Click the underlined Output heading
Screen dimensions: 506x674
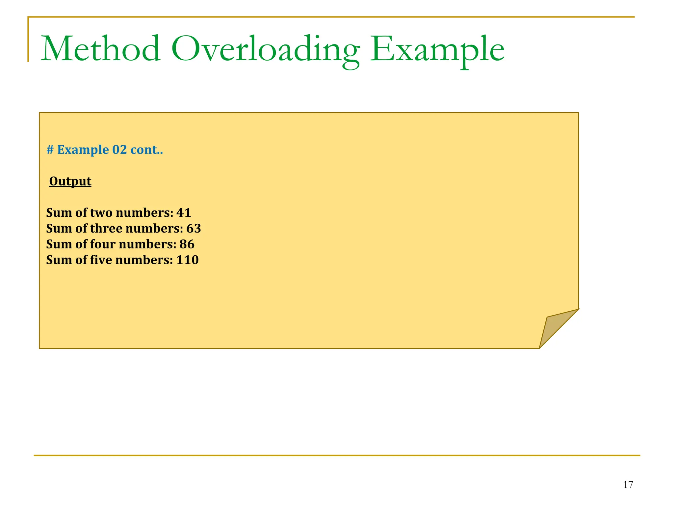click(x=70, y=181)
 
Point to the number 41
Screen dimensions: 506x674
click(x=184, y=213)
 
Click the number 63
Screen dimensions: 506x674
click(x=194, y=229)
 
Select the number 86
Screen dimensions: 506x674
click(x=187, y=244)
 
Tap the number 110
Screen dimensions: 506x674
click(x=187, y=260)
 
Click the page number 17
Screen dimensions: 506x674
click(x=628, y=485)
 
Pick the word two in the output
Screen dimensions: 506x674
click(x=101, y=213)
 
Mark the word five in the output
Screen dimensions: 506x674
click(x=101, y=260)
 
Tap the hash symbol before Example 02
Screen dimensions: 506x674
click(x=50, y=150)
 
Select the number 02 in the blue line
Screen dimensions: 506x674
click(x=119, y=150)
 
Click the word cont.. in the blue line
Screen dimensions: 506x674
click(x=146, y=150)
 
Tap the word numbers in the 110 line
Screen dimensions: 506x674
click(x=144, y=260)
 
